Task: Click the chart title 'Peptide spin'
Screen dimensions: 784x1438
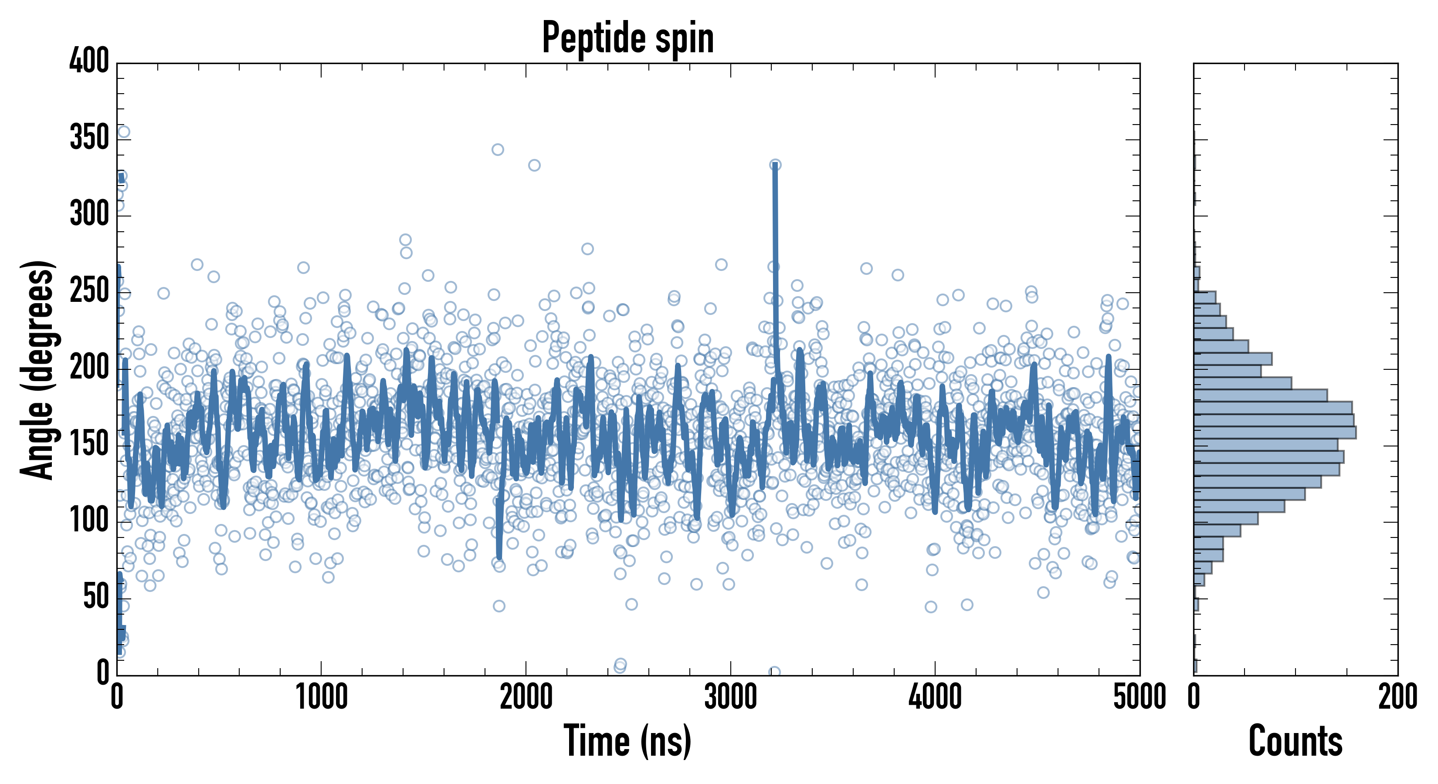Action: [628, 38]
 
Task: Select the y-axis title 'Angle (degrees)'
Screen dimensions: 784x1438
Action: [38, 369]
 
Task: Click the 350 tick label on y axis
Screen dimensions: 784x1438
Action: [89, 138]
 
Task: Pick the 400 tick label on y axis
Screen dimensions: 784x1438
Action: [89, 61]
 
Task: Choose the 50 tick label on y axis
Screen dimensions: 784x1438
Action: [96, 597]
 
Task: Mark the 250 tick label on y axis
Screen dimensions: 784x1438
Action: [89, 291]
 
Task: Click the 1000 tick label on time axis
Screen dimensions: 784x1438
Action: [322, 697]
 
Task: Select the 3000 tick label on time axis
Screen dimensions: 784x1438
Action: [730, 697]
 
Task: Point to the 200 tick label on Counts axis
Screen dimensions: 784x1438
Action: [1397, 697]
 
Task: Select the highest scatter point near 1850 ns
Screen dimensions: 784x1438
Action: [497, 149]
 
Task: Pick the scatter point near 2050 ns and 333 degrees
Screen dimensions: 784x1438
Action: [534, 165]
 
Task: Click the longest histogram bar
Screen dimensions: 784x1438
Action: [1275, 433]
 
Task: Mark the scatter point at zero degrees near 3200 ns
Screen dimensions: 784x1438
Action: [774, 672]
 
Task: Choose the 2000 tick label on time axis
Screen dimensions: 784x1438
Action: [526, 697]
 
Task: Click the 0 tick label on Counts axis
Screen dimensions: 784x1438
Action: [1194, 697]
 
